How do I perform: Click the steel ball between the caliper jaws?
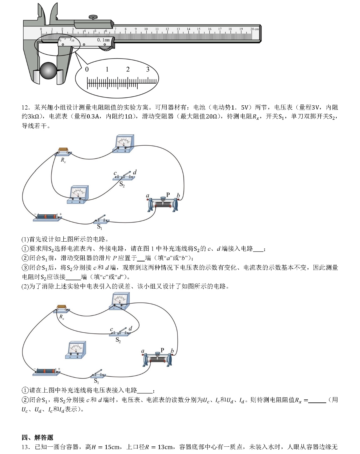coord(48,71)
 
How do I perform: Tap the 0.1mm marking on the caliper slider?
coord(103,40)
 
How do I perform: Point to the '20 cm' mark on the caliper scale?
coord(254,29)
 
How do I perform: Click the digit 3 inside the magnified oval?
coord(148,69)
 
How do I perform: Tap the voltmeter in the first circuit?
coord(79,194)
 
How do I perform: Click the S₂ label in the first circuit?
coord(122,185)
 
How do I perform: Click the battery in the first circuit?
coord(47,217)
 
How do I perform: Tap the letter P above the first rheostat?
coord(168,195)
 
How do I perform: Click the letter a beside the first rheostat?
coord(147,196)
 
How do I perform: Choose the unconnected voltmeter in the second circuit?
coord(76,350)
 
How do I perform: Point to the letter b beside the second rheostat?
coord(172,351)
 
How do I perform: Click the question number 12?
coord(25,107)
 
